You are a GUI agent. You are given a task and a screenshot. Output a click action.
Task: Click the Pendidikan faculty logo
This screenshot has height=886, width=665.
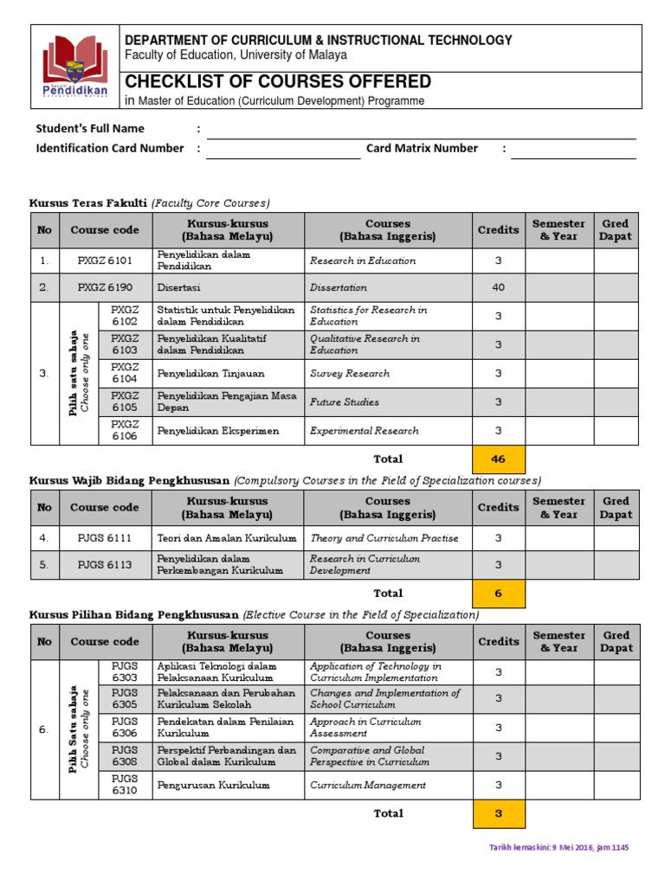pyautogui.click(x=76, y=67)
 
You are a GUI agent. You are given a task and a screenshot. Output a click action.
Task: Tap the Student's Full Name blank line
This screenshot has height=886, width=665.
pyautogui.click(x=420, y=131)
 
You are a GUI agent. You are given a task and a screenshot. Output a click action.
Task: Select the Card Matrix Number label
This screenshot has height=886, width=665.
pyautogui.click(x=422, y=148)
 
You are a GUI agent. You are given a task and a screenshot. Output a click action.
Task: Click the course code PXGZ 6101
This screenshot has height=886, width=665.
pyautogui.click(x=105, y=260)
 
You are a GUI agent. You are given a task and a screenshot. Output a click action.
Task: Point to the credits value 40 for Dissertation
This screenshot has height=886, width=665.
pyautogui.click(x=498, y=287)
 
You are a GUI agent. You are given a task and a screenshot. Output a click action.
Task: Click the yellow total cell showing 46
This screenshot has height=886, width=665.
pyautogui.click(x=498, y=459)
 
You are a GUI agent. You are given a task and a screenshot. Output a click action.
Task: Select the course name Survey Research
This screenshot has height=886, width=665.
pyautogui.click(x=350, y=374)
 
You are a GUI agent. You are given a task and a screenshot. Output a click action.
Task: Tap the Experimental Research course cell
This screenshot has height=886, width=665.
pyautogui.click(x=364, y=431)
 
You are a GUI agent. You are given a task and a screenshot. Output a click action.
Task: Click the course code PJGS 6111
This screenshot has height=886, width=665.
pyautogui.click(x=105, y=538)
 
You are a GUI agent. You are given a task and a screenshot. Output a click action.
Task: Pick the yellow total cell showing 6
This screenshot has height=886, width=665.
pyautogui.click(x=498, y=594)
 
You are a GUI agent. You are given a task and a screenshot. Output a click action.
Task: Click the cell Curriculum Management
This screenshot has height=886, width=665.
pyautogui.click(x=368, y=786)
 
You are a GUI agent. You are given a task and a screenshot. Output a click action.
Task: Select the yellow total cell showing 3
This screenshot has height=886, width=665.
pyautogui.click(x=498, y=814)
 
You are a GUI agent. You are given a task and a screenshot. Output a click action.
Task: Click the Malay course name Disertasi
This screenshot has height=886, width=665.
pyautogui.click(x=176, y=287)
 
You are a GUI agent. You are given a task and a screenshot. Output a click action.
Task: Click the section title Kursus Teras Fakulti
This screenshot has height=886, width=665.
pyautogui.click(x=88, y=203)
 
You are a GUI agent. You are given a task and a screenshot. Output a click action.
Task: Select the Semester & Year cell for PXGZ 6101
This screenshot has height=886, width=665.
pyautogui.click(x=558, y=260)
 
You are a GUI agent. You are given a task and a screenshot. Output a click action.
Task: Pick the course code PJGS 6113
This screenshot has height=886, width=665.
pyautogui.click(x=105, y=565)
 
